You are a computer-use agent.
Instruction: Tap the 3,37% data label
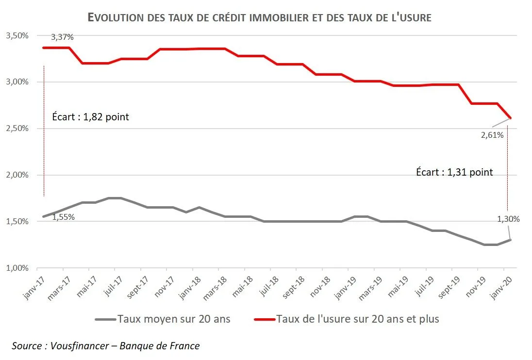click(x=63, y=37)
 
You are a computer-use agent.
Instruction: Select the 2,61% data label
click(x=493, y=135)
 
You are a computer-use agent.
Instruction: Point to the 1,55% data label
click(x=63, y=217)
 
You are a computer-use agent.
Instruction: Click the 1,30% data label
click(x=508, y=219)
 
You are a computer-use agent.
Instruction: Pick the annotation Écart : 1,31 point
click(x=454, y=172)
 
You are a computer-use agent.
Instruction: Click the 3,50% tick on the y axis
click(x=17, y=36)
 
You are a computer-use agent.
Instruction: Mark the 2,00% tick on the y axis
click(x=17, y=175)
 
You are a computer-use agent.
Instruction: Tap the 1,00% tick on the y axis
click(x=17, y=268)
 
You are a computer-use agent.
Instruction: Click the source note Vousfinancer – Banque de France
click(x=106, y=346)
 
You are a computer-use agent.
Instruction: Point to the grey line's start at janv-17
click(x=44, y=216)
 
